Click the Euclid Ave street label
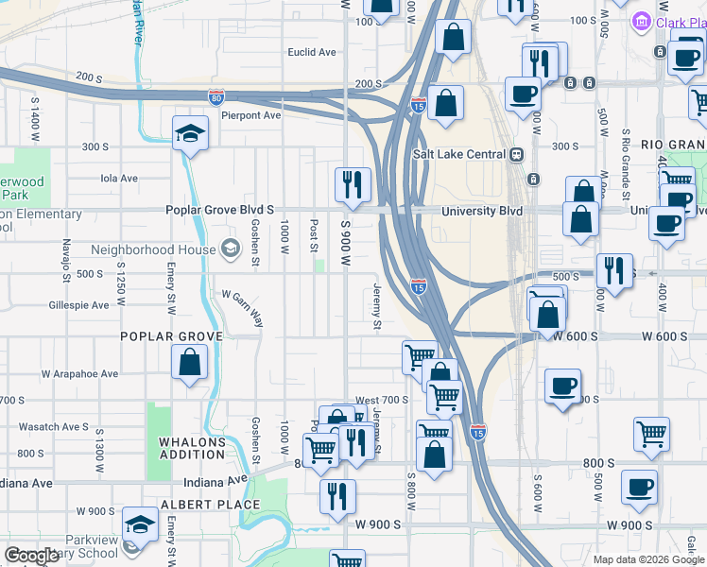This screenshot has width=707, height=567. click(312, 52)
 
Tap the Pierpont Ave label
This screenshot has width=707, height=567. click(251, 115)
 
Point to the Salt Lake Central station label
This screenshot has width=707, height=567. click(459, 155)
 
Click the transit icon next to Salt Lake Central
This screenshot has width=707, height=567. click(516, 155)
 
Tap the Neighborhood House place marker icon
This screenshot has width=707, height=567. click(229, 249)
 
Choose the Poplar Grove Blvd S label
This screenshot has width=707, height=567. click(219, 210)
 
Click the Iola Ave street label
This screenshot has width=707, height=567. click(119, 178)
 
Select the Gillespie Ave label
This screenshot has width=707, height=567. click(79, 305)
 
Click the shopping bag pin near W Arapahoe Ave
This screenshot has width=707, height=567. click(190, 363)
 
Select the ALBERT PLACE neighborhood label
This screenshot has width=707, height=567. click(197, 505)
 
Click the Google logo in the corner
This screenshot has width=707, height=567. click(32, 556)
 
